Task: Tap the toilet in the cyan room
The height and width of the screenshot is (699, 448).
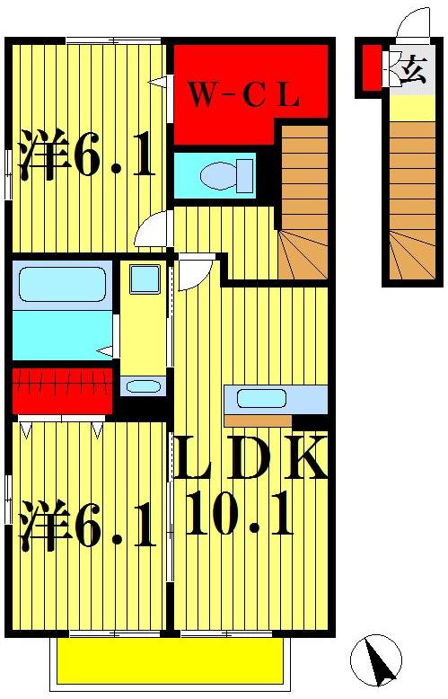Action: [x=224, y=175]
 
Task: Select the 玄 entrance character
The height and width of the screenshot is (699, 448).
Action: [x=413, y=70]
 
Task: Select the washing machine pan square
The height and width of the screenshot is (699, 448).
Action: [x=144, y=279]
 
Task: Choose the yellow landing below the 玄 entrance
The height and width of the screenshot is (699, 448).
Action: [x=412, y=108]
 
